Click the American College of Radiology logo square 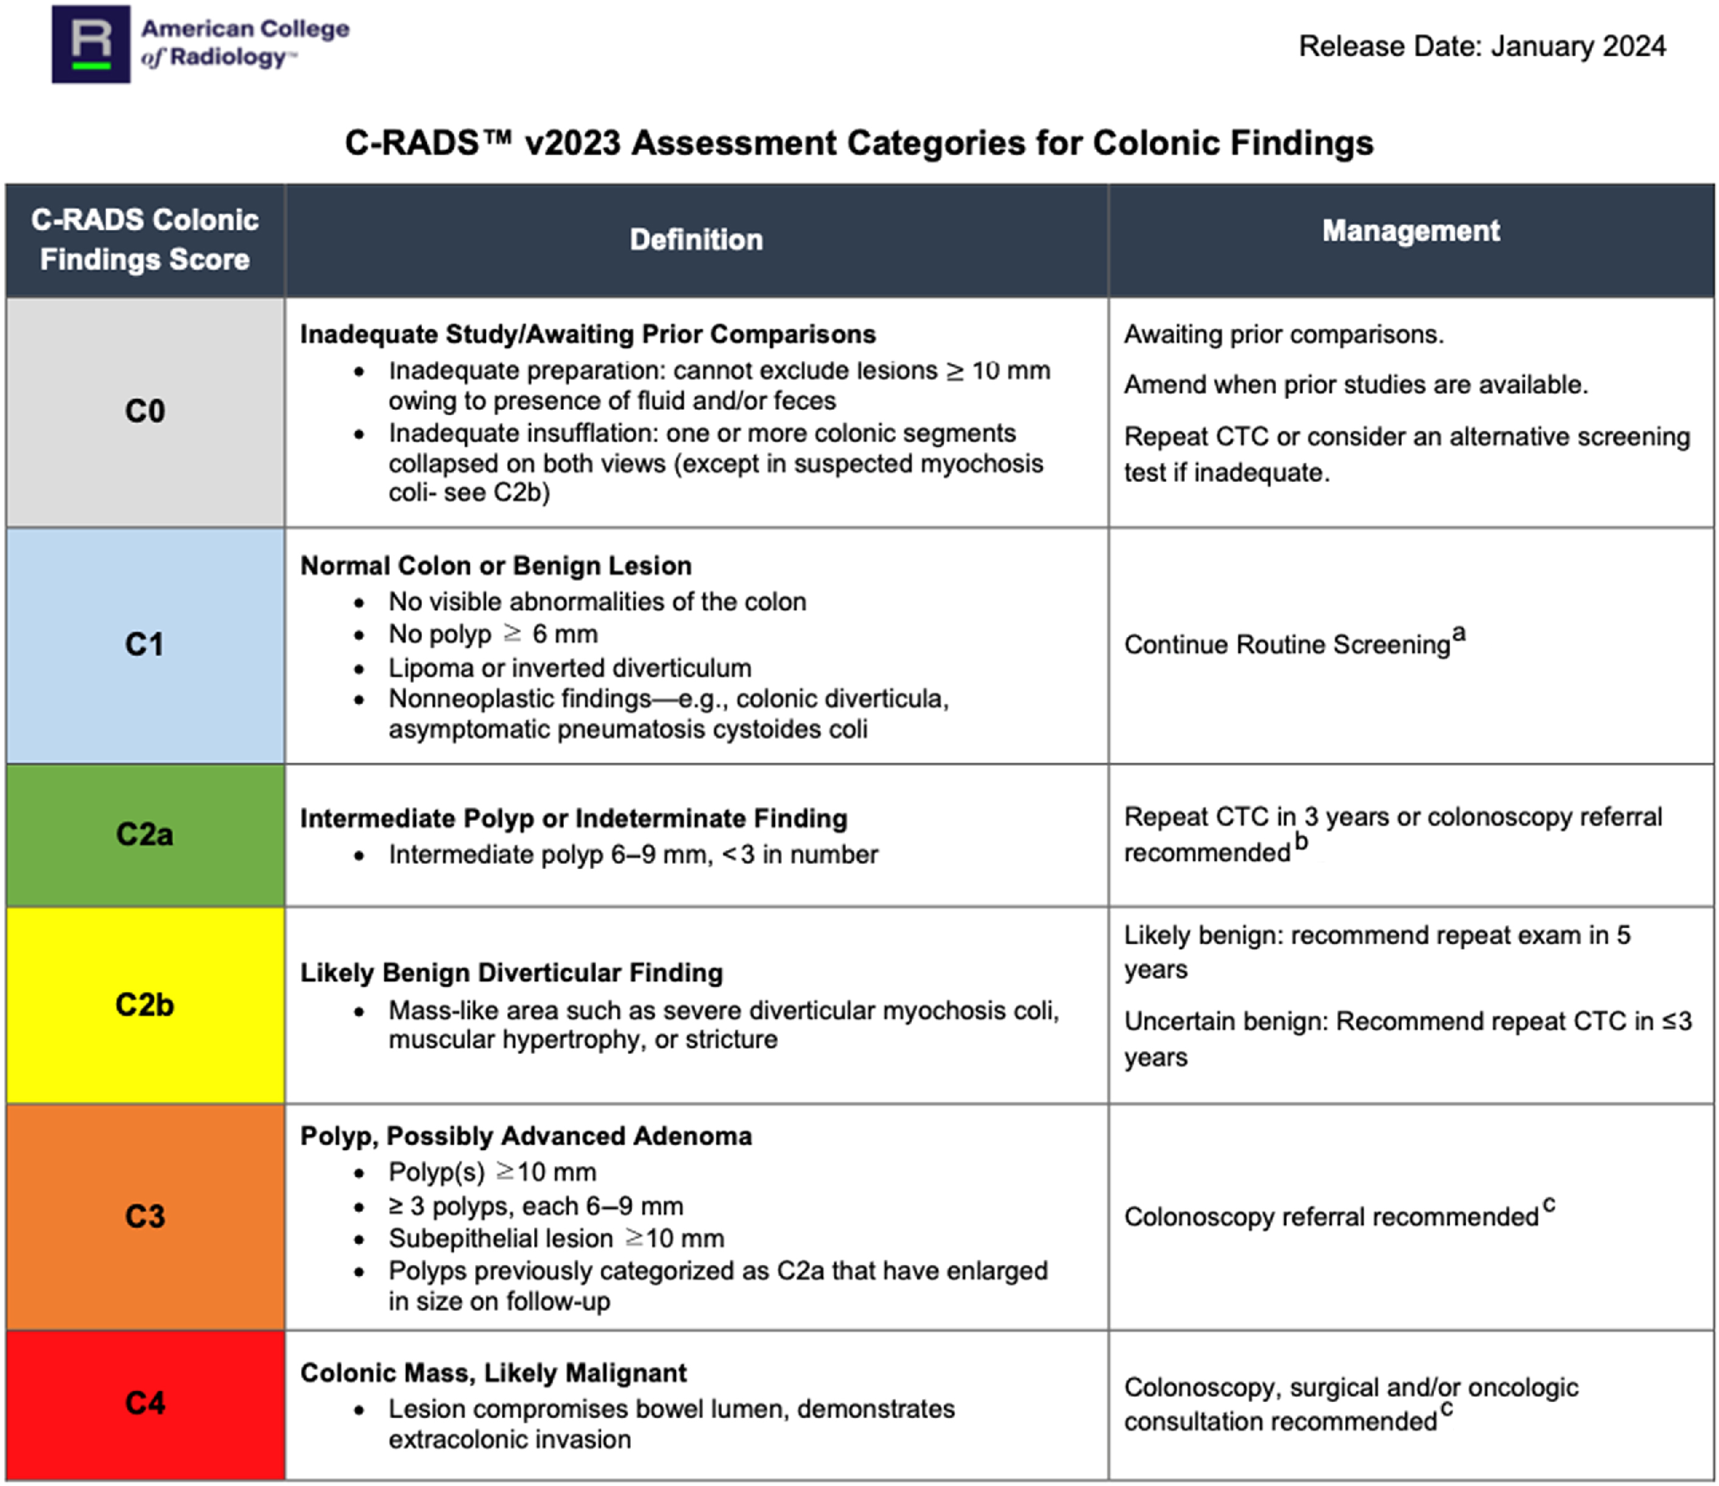click(91, 44)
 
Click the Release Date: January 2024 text click(1482, 46)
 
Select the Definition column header click(696, 240)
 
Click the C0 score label click(145, 412)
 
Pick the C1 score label click(145, 645)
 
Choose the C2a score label click(145, 834)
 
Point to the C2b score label click(145, 1005)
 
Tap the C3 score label click(145, 1216)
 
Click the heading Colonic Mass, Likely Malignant click(494, 1373)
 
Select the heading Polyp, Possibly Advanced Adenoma click(526, 1136)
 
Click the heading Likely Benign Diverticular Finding click(511, 973)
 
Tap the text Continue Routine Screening click(1287, 645)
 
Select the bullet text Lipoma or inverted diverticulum click(570, 668)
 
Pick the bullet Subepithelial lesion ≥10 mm click(556, 1239)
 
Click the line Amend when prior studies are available click(1355, 385)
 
